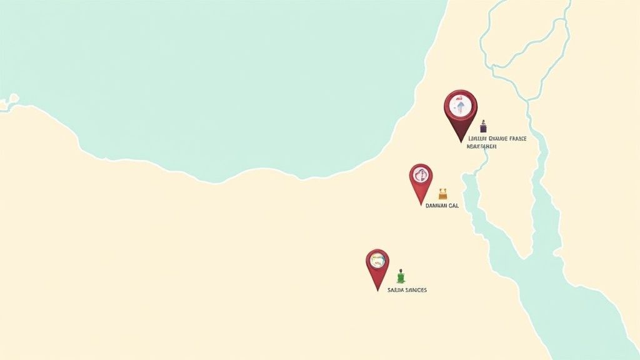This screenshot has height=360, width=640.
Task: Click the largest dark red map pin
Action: (x=461, y=110)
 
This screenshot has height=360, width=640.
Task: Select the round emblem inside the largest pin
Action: (x=461, y=105)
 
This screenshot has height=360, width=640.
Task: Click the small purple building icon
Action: (x=483, y=127)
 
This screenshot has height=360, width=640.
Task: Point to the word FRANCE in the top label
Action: (x=516, y=139)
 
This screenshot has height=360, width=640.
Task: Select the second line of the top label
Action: (x=481, y=147)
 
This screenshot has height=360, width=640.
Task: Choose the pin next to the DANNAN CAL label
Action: (x=421, y=180)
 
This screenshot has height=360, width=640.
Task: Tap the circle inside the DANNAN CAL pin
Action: (x=421, y=176)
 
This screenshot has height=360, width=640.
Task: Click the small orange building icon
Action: (x=442, y=194)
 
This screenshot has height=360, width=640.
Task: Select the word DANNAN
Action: (x=435, y=206)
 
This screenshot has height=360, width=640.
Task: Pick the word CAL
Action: (x=453, y=206)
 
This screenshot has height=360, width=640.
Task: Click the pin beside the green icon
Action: (x=377, y=265)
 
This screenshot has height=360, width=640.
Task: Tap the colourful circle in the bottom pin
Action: (x=377, y=261)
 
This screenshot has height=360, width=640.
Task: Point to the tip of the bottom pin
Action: (x=377, y=290)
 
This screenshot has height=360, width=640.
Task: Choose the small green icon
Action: (x=401, y=276)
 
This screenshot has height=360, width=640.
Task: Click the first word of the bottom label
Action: (x=396, y=291)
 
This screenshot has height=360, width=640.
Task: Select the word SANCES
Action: (x=416, y=291)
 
